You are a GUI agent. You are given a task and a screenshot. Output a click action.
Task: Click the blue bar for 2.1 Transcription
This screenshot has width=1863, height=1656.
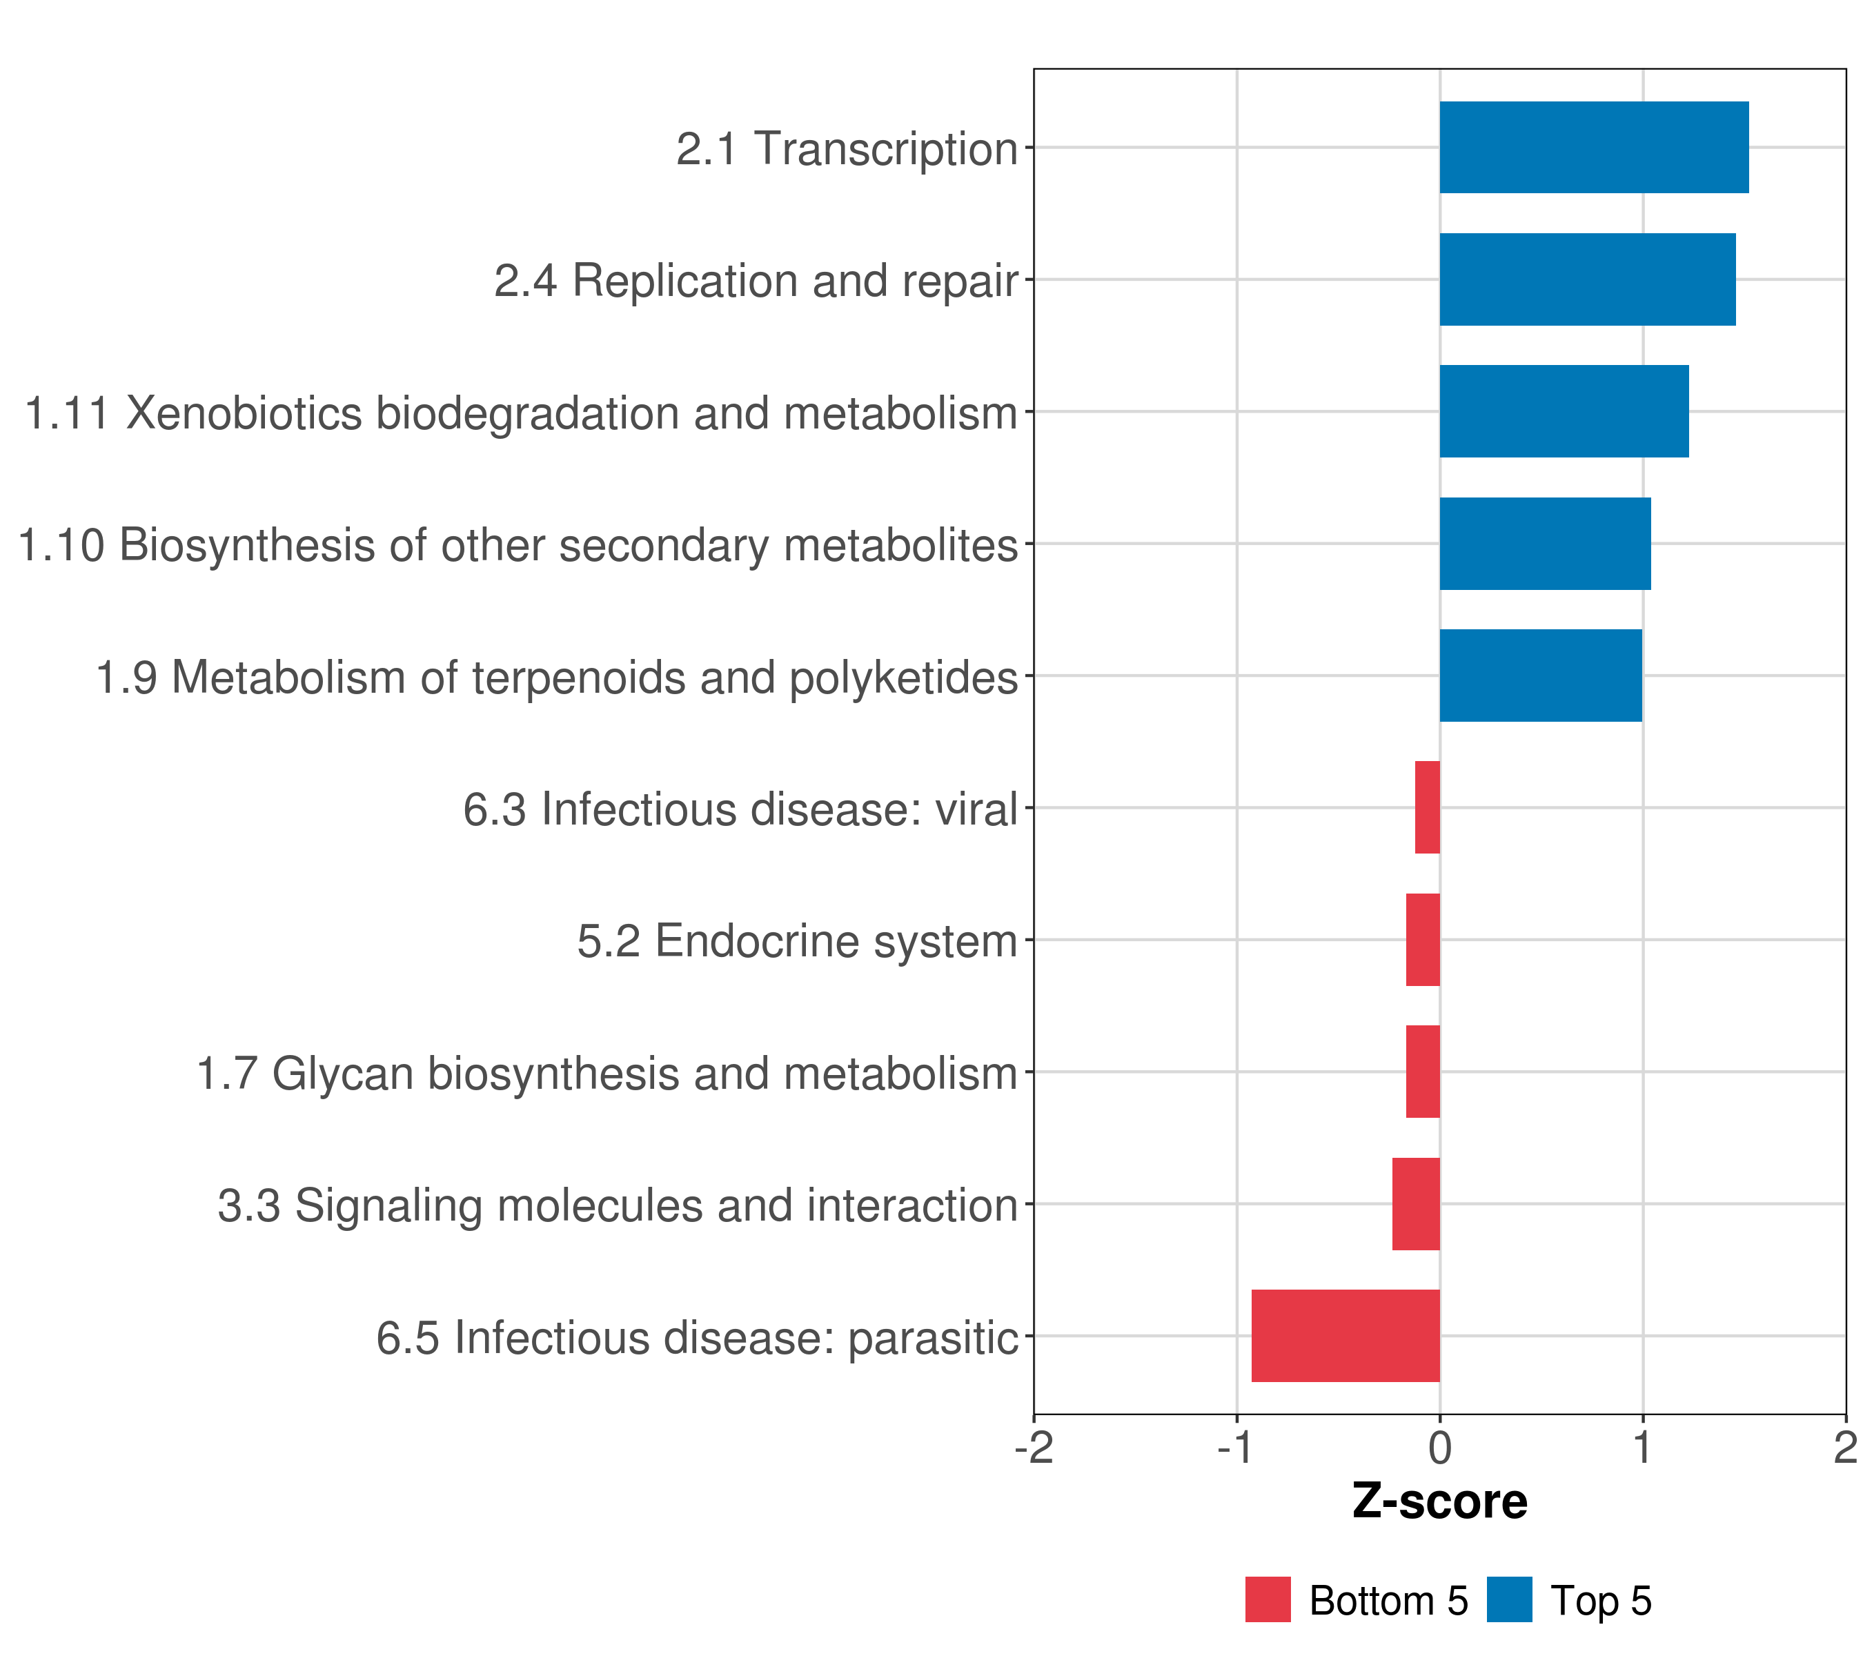[1594, 148]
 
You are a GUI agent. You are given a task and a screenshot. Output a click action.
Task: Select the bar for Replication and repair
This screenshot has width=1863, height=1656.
[1588, 280]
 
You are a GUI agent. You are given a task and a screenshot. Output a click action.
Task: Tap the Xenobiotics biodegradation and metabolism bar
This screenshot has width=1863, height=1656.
[1564, 411]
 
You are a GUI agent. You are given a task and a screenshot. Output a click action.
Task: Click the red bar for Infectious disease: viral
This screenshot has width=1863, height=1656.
[1428, 807]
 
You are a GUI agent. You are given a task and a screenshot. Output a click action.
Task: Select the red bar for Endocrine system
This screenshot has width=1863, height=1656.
[1423, 940]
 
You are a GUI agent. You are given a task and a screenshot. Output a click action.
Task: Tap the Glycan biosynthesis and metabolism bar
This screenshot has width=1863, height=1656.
[1423, 1072]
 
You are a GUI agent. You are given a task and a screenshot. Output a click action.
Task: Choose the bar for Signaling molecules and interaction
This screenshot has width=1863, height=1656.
[1417, 1204]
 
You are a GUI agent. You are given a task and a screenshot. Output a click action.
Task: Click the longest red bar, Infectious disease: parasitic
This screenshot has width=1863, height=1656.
[1345, 1336]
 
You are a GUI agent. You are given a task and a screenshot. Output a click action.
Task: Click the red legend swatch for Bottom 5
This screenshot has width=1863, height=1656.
[1268, 1599]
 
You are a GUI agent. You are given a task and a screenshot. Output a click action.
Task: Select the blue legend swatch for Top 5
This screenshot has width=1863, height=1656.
[1509, 1599]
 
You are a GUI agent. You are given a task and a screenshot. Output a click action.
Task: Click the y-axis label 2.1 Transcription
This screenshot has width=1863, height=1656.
[847, 148]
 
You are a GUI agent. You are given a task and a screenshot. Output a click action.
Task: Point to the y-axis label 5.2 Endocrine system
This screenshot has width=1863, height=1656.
[798, 941]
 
